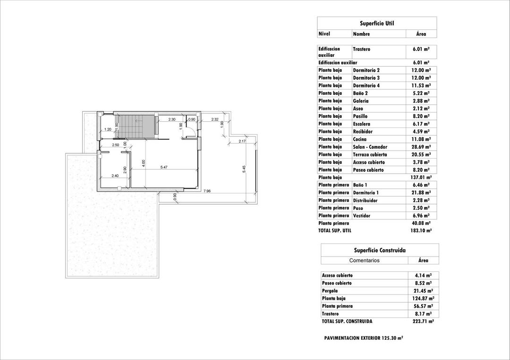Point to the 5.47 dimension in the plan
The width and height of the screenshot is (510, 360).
tap(164, 167)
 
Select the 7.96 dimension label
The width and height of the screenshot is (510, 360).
tap(207, 191)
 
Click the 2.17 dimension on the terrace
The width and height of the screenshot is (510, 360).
tap(242, 141)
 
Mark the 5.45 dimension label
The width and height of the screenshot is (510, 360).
tap(244, 168)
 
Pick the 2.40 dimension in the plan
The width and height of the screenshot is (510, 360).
tap(115, 176)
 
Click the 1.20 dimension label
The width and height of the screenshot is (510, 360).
tap(108, 129)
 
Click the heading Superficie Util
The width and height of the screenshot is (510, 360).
tap(376, 23)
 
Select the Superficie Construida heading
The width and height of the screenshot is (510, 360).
tap(380, 251)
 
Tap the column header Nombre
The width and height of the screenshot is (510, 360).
tap(361, 34)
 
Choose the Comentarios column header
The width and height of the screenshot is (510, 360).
tap(364, 260)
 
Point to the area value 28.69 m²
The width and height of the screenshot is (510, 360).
tap(421, 147)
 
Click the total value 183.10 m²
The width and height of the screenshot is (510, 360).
tap(421, 231)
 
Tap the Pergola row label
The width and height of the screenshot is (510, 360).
tap(330, 291)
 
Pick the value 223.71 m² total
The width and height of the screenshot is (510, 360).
tap(423, 321)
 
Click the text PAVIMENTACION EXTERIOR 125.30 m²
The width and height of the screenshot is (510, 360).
tap(364, 338)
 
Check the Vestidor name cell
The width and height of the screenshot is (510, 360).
tap(362, 216)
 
